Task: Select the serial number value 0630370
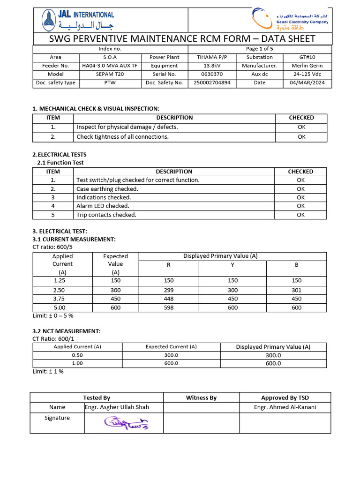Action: point(212,74)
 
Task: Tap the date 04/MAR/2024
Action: point(307,83)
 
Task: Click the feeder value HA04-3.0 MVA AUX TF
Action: point(110,66)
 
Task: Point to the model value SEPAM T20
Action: point(110,74)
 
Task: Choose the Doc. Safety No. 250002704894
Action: point(212,83)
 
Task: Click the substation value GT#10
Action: point(307,57)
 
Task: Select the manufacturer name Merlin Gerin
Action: point(307,66)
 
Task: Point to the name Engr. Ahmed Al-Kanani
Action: point(285,407)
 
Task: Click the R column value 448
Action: point(169,299)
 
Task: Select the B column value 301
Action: point(296,290)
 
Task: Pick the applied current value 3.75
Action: point(59,299)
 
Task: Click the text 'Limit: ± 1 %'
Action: point(48,371)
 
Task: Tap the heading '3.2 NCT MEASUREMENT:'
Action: point(66,331)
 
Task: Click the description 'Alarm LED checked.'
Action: point(103,206)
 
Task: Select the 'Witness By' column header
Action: point(201,397)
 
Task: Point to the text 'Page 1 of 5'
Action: point(259,48)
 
